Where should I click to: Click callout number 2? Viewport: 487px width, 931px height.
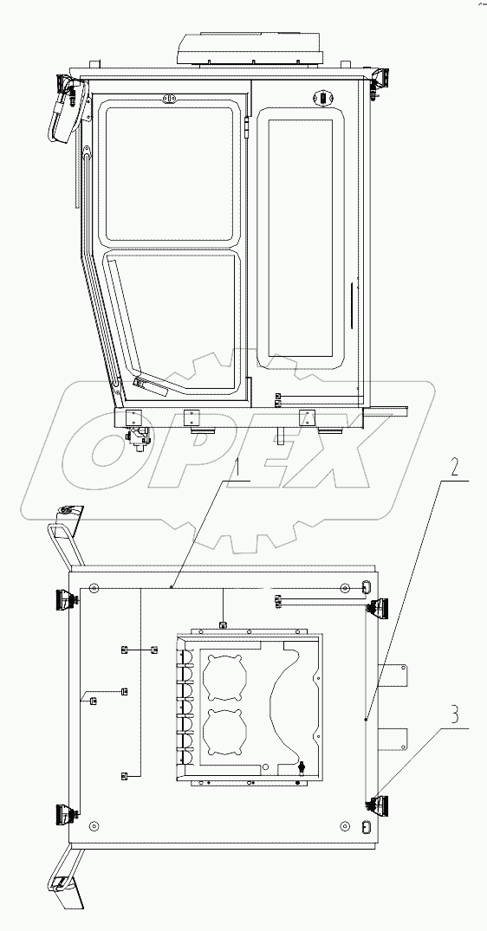tap(456, 466)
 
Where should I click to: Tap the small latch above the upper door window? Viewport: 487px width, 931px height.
tap(170, 100)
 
